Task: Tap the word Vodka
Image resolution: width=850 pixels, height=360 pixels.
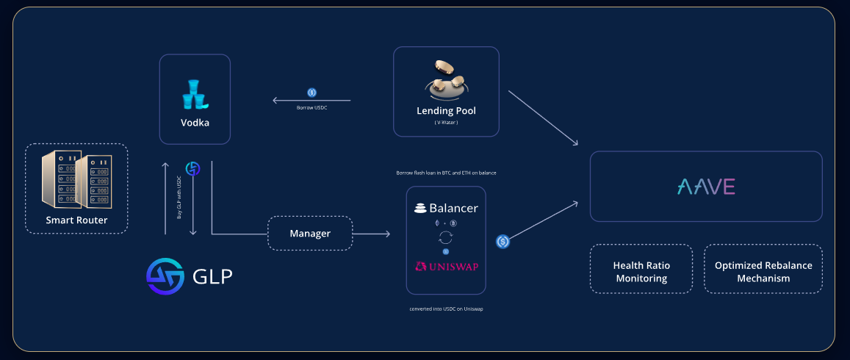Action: pos(195,123)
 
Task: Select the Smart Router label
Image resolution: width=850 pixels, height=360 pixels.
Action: pos(76,220)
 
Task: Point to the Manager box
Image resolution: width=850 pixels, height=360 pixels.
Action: pos(310,234)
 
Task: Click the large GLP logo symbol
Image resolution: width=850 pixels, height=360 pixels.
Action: pos(165,276)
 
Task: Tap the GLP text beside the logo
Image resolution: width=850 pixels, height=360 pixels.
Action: pos(212,276)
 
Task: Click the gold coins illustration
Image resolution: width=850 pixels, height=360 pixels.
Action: pos(446,80)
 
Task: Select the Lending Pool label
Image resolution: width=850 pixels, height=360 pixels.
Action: pos(446,111)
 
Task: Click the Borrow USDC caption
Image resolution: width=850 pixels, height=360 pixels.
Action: pos(311,107)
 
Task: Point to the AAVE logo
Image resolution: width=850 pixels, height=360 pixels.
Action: pos(706,187)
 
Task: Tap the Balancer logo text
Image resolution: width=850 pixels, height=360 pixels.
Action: pos(446,208)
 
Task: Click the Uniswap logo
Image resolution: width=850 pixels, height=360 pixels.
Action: pos(446,266)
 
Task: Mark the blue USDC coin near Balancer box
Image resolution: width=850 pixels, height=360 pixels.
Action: pos(503,241)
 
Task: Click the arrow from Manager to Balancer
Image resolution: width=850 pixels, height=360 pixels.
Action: pos(371,234)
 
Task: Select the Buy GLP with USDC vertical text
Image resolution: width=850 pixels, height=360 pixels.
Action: pos(179,198)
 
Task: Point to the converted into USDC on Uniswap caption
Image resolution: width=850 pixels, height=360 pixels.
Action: pos(446,309)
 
